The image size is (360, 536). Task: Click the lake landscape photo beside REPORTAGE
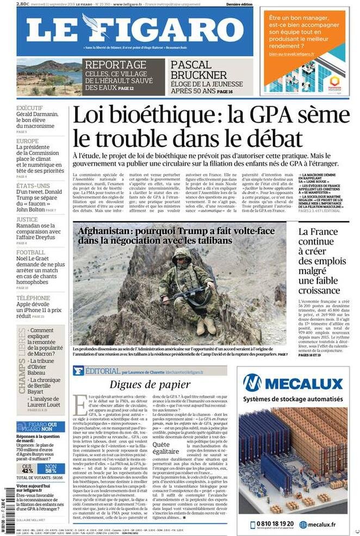tap(48, 77)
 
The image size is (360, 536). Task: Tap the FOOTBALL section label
tap(30, 252)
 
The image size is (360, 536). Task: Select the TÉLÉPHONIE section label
tap(33, 298)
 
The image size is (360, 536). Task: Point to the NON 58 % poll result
tap(51, 468)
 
